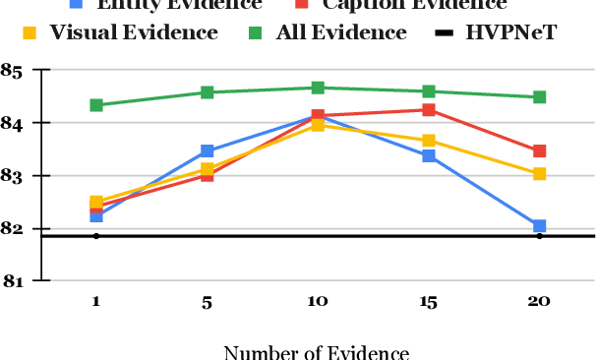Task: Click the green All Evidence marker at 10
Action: pyautogui.click(x=318, y=88)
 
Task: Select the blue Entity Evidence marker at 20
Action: pyautogui.click(x=539, y=226)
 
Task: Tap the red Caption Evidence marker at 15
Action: pyautogui.click(x=429, y=110)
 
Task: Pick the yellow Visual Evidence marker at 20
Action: pyautogui.click(x=539, y=174)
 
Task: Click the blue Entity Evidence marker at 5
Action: pyautogui.click(x=208, y=151)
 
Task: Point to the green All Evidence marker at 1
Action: pyautogui.click(x=96, y=105)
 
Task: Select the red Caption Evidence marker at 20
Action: pyautogui.click(x=539, y=151)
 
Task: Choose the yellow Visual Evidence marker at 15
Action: pyautogui.click(x=429, y=141)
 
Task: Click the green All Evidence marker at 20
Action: pyautogui.click(x=539, y=97)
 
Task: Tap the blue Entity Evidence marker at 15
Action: pyautogui.click(x=429, y=156)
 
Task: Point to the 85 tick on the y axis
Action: pyautogui.click(x=13, y=71)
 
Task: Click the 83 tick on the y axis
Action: pyautogui.click(x=13, y=176)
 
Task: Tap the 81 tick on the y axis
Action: pyautogui.click(x=13, y=281)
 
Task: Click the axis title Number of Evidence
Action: pyautogui.click(x=317, y=350)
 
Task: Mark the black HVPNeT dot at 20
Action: pyautogui.click(x=539, y=236)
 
